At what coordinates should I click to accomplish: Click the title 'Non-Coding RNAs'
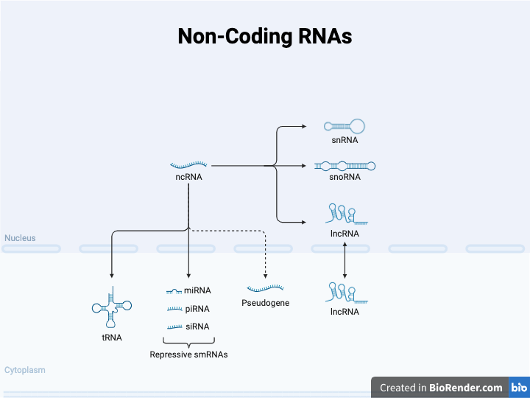265,37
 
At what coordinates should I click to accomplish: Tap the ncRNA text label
188,177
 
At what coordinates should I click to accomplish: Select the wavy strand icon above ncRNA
188,165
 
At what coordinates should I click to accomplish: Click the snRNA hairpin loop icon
345,127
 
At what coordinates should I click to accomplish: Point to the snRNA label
344,140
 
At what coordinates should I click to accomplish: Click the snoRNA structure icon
344,166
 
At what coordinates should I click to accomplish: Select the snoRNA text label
344,177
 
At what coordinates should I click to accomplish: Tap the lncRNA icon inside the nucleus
345,216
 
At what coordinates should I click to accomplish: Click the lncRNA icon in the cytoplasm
345,294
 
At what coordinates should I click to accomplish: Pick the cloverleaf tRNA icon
111,308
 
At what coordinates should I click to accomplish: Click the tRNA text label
112,338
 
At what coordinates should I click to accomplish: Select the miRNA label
197,291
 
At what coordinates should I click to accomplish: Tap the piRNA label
197,309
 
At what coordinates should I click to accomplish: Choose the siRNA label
197,327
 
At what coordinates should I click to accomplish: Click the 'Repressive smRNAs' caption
188,355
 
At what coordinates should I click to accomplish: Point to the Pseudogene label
265,303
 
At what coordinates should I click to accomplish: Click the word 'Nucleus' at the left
20,238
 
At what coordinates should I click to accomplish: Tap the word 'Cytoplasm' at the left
24,370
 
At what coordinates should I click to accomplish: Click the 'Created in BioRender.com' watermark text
441,388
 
